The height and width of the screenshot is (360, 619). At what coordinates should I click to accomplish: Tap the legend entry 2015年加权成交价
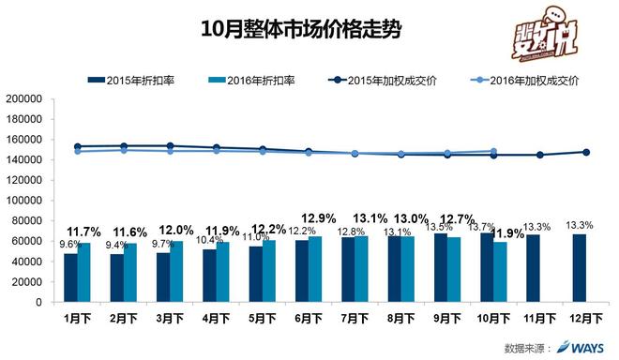392,80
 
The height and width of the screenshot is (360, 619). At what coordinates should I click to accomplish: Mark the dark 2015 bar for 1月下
69,277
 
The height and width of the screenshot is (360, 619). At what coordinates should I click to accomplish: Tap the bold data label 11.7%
85,231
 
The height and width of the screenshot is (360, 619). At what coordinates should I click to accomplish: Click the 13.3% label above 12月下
580,225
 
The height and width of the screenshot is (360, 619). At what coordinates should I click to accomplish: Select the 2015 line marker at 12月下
586,152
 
